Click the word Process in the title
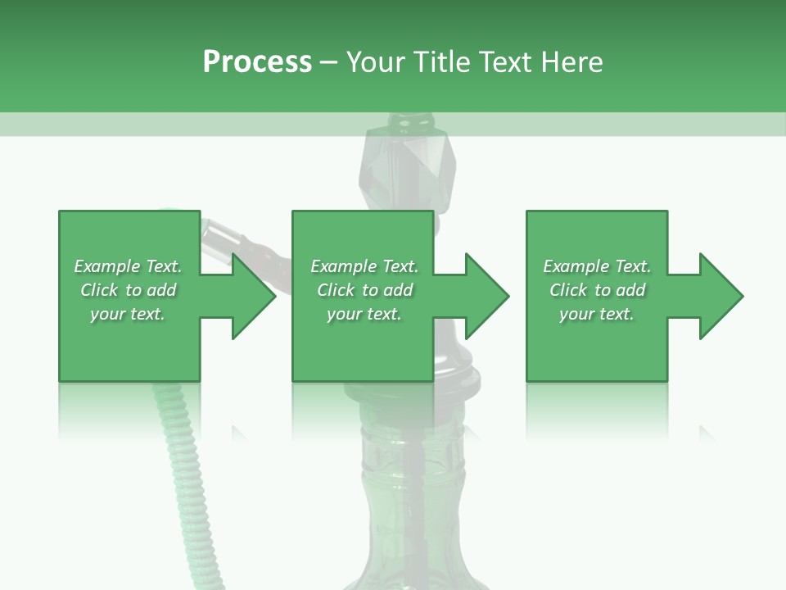coord(257,62)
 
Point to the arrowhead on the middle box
coord(488,296)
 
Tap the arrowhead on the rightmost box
coord(722,296)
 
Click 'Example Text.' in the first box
coord(128,266)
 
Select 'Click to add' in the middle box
coord(364,290)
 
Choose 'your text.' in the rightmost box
coord(597,314)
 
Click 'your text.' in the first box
coord(128,314)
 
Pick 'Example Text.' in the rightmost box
coord(597,266)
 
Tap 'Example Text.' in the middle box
coord(364,266)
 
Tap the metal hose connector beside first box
coord(225,237)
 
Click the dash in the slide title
coord(329,62)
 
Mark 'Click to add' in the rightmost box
coord(597,290)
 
